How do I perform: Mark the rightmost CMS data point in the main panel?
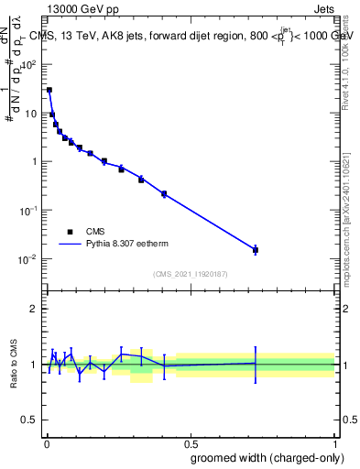[x=256, y=249]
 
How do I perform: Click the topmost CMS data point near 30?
[x=49, y=90]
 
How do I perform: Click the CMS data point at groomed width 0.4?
[x=164, y=193]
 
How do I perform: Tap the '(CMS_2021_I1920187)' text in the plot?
[x=191, y=274]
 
